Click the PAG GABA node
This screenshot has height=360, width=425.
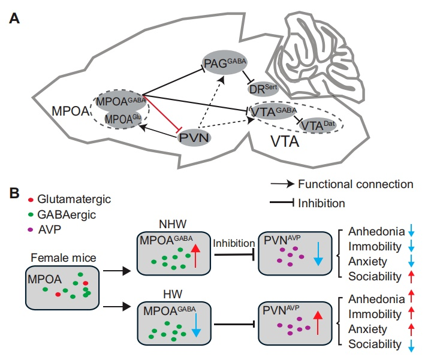pos(225,63)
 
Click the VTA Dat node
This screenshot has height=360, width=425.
pos(316,125)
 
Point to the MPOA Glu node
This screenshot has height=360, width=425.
pos(123,118)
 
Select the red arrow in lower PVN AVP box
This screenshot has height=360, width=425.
pos(318,323)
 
